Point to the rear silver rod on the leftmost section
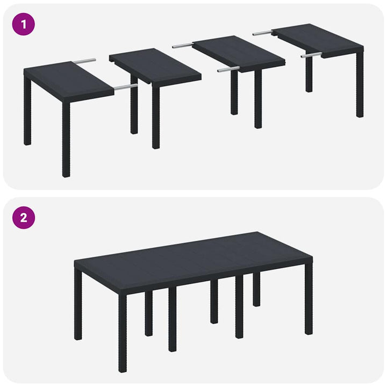point(86,61)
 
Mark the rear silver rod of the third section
point(183,46)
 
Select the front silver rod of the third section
point(228,69)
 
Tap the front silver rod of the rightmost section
point(311,54)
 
